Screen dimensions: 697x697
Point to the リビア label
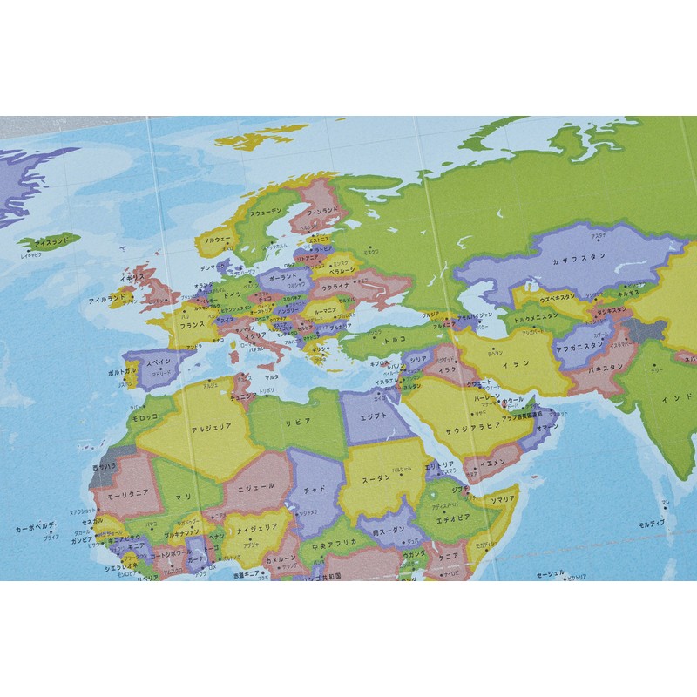point(298,422)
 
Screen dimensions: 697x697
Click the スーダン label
point(377,477)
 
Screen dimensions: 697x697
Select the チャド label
point(314,490)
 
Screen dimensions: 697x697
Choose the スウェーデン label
point(267,212)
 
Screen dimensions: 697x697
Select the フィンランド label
point(322,210)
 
